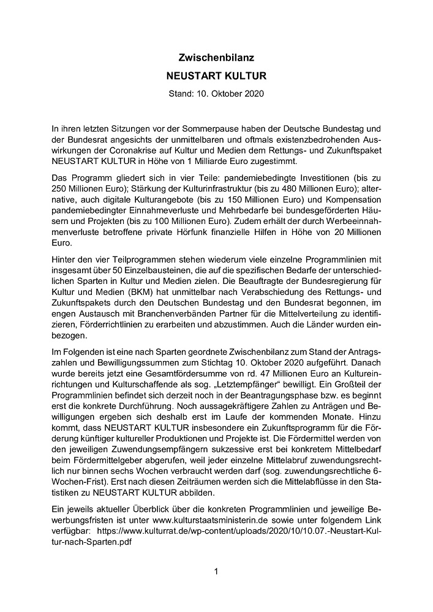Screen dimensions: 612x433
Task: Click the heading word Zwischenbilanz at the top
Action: [216, 58]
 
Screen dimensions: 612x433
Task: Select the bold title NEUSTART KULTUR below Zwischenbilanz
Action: [216, 77]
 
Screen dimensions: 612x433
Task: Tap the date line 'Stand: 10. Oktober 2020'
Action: [216, 94]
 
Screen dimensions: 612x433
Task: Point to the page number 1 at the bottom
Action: [216, 572]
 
